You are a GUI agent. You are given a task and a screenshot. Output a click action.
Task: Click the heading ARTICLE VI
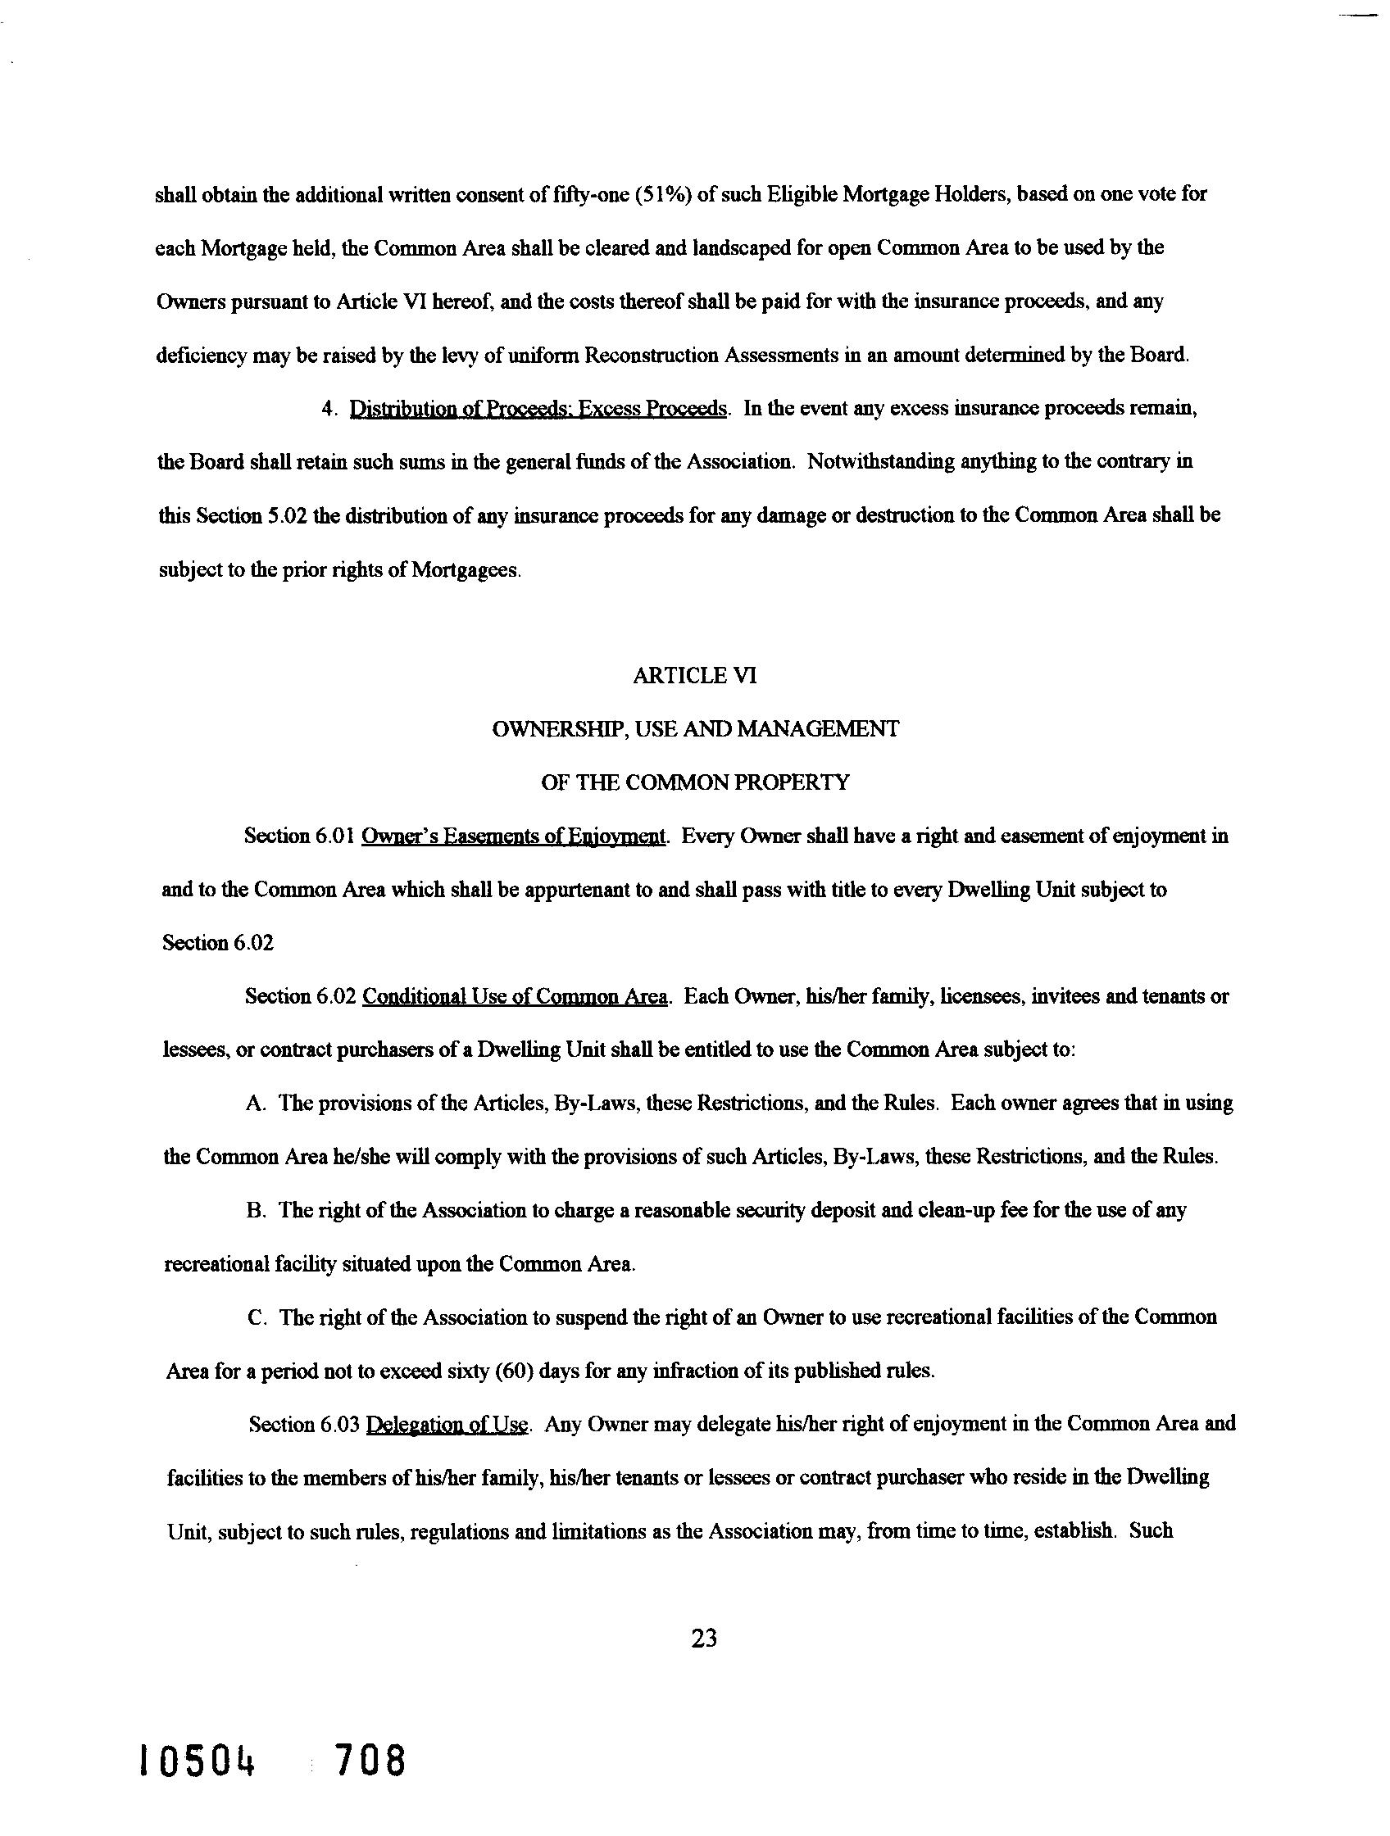694,676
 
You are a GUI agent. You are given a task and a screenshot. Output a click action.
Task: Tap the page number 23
703,1639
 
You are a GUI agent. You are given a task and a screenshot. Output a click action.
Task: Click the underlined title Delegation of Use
447,1424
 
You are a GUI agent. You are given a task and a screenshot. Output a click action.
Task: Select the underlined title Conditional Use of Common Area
515,996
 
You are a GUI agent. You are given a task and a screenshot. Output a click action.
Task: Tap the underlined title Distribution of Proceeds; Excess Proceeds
538,408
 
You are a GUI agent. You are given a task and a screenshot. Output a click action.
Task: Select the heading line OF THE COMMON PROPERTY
695,782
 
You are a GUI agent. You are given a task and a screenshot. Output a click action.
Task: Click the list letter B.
255,1210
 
